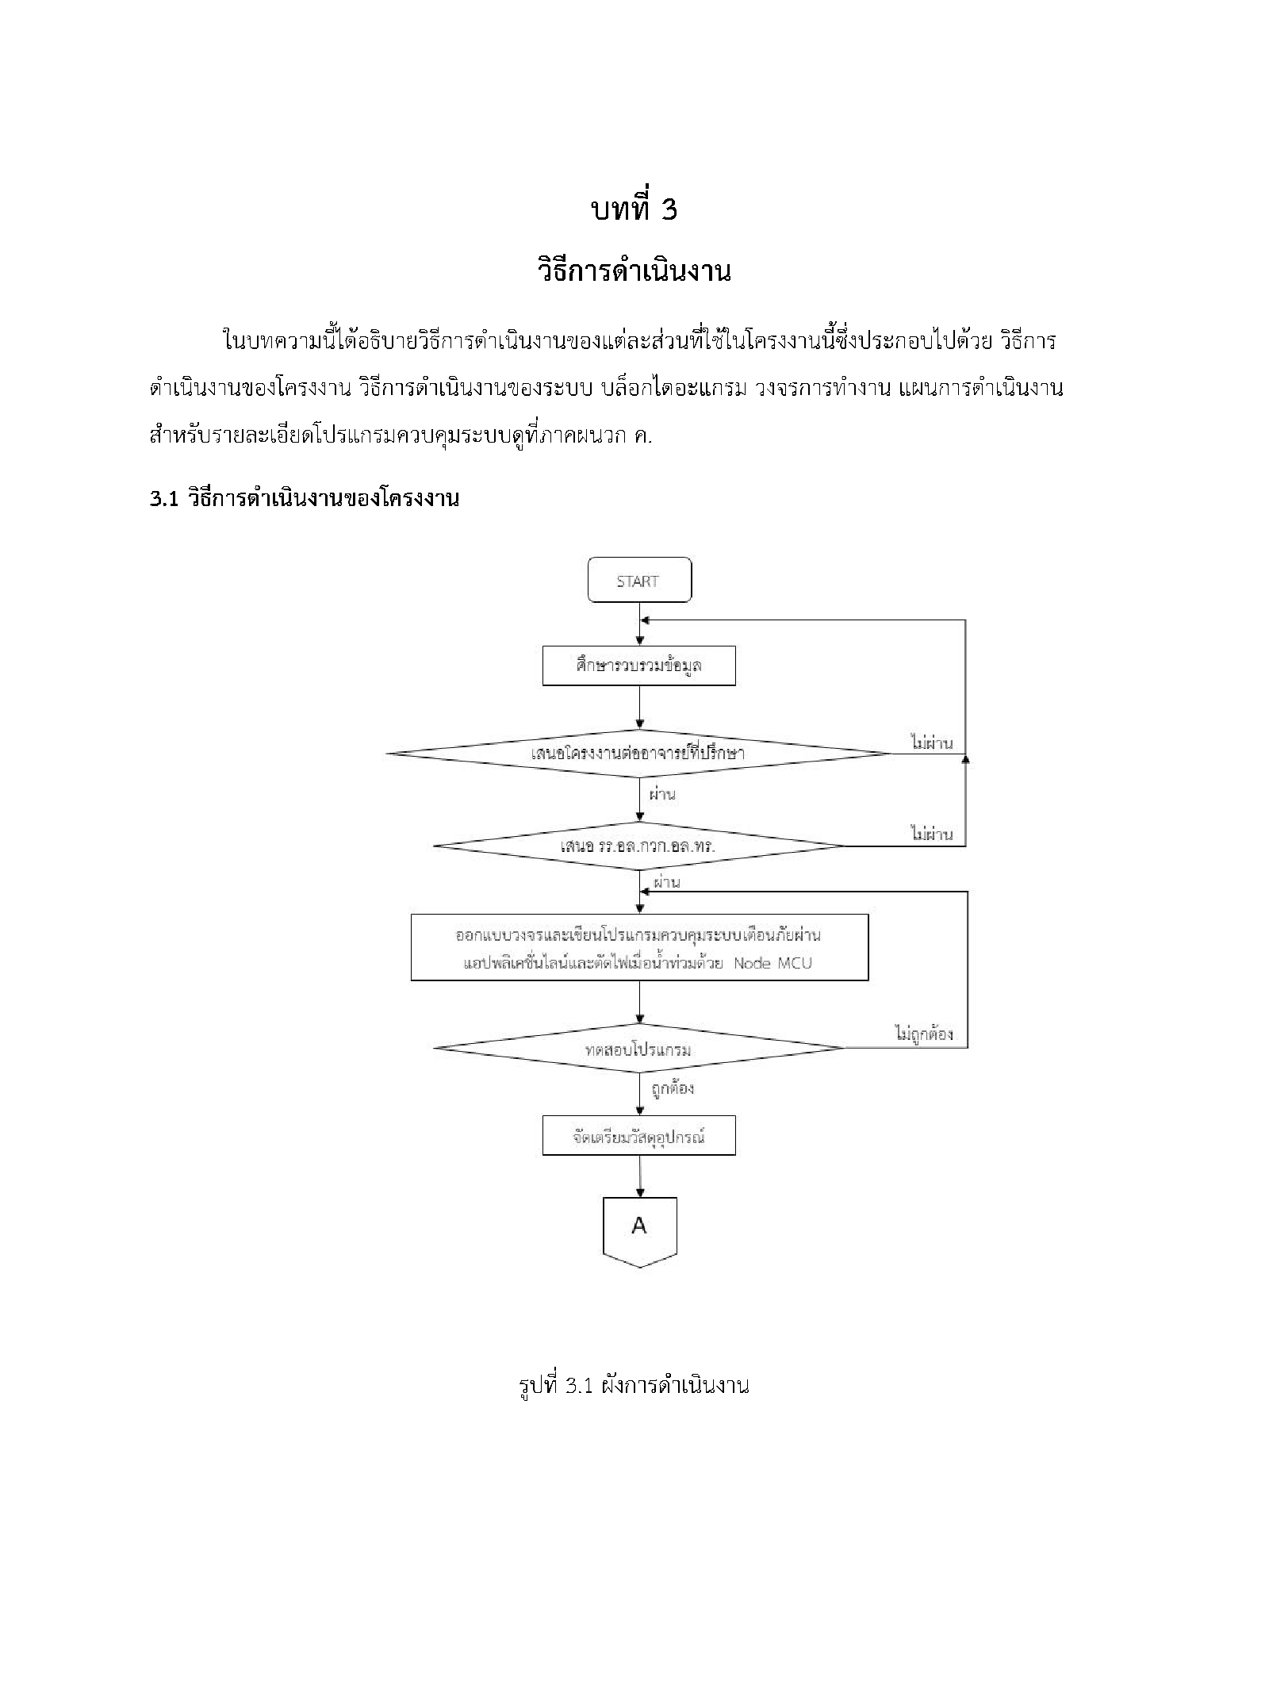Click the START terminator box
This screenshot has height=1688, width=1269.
pyautogui.click(x=638, y=581)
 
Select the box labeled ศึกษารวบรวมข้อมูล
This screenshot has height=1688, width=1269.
pyautogui.click(x=638, y=666)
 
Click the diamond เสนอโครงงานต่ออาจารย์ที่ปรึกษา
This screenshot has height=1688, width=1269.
pyautogui.click(x=638, y=753)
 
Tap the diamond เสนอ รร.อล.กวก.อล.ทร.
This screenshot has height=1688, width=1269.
pyautogui.click(x=638, y=846)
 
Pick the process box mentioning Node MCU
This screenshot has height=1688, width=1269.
pyautogui.click(x=639, y=947)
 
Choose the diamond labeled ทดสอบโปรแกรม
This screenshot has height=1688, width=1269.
pyautogui.click(x=638, y=1049)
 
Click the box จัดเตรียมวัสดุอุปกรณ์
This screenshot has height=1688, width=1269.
pyautogui.click(x=638, y=1135)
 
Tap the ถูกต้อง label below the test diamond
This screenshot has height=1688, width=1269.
pyautogui.click(x=673, y=1088)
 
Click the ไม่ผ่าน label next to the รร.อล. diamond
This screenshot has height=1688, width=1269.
pyautogui.click(x=932, y=834)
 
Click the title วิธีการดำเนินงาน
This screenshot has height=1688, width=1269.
pyautogui.click(x=634, y=272)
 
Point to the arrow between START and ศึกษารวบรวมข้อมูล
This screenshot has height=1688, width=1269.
pyautogui.click(x=639, y=625)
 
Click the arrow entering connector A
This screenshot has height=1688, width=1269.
pyautogui.click(x=639, y=1176)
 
